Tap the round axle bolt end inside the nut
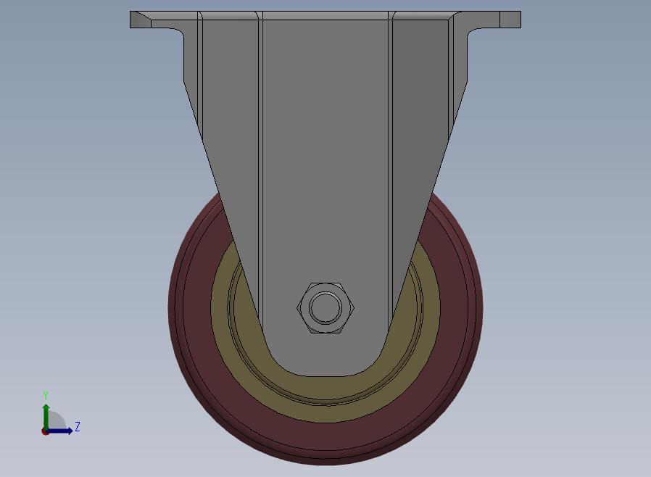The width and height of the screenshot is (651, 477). tap(325, 308)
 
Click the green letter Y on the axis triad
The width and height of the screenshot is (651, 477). tap(46, 396)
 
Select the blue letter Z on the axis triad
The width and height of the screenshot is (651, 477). tap(78, 426)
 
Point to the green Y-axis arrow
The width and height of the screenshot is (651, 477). tap(46, 418)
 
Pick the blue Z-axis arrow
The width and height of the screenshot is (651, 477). tap(59, 431)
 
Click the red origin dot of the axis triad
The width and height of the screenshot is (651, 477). tap(44, 432)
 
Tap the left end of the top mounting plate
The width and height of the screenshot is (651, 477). tap(141, 20)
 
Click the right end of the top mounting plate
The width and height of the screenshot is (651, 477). tap(510, 20)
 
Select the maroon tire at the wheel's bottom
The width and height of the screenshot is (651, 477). tap(325, 442)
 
